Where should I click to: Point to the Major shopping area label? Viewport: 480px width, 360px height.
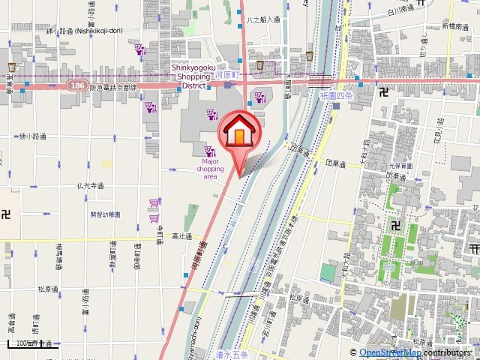211,169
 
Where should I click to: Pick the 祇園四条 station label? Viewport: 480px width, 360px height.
335,97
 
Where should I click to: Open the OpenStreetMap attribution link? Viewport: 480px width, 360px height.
389,352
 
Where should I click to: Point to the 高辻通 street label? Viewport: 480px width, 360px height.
182,235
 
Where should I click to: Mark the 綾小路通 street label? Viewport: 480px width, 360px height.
32,136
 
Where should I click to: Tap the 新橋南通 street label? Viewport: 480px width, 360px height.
454,25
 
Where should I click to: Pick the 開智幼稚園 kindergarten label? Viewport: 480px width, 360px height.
105,214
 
